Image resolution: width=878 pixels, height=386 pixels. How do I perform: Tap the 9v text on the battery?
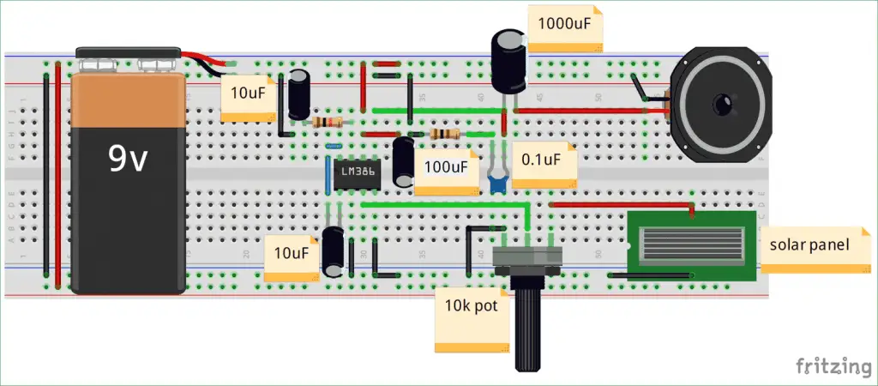(x=128, y=160)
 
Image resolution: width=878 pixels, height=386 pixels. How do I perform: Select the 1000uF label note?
(x=566, y=28)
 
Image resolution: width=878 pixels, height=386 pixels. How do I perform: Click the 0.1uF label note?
(x=544, y=165)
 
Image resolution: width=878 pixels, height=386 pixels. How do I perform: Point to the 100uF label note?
(x=447, y=172)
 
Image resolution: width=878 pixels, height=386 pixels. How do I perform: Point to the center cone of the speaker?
(x=722, y=105)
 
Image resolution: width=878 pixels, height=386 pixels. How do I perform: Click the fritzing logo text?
(x=833, y=366)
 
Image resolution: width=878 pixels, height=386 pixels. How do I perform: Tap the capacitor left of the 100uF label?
(x=403, y=162)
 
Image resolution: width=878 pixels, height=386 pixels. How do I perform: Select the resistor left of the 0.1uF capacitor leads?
(x=444, y=133)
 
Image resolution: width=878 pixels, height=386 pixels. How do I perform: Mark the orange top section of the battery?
(x=129, y=100)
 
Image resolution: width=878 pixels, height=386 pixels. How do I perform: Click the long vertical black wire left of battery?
(x=46, y=174)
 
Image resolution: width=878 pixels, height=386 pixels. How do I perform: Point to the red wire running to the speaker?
(x=592, y=111)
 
